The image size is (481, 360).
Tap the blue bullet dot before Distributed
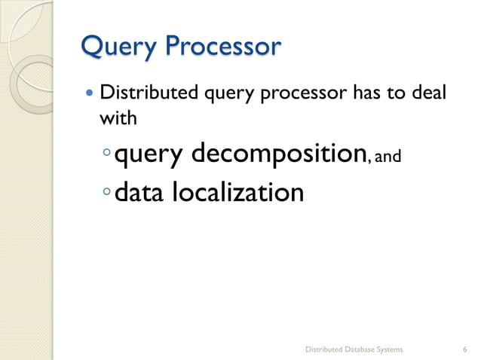point(90,96)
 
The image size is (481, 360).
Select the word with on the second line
point(116,118)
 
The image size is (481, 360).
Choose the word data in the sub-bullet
point(141,193)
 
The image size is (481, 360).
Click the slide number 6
point(465,349)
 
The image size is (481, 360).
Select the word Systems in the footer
point(388,349)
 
